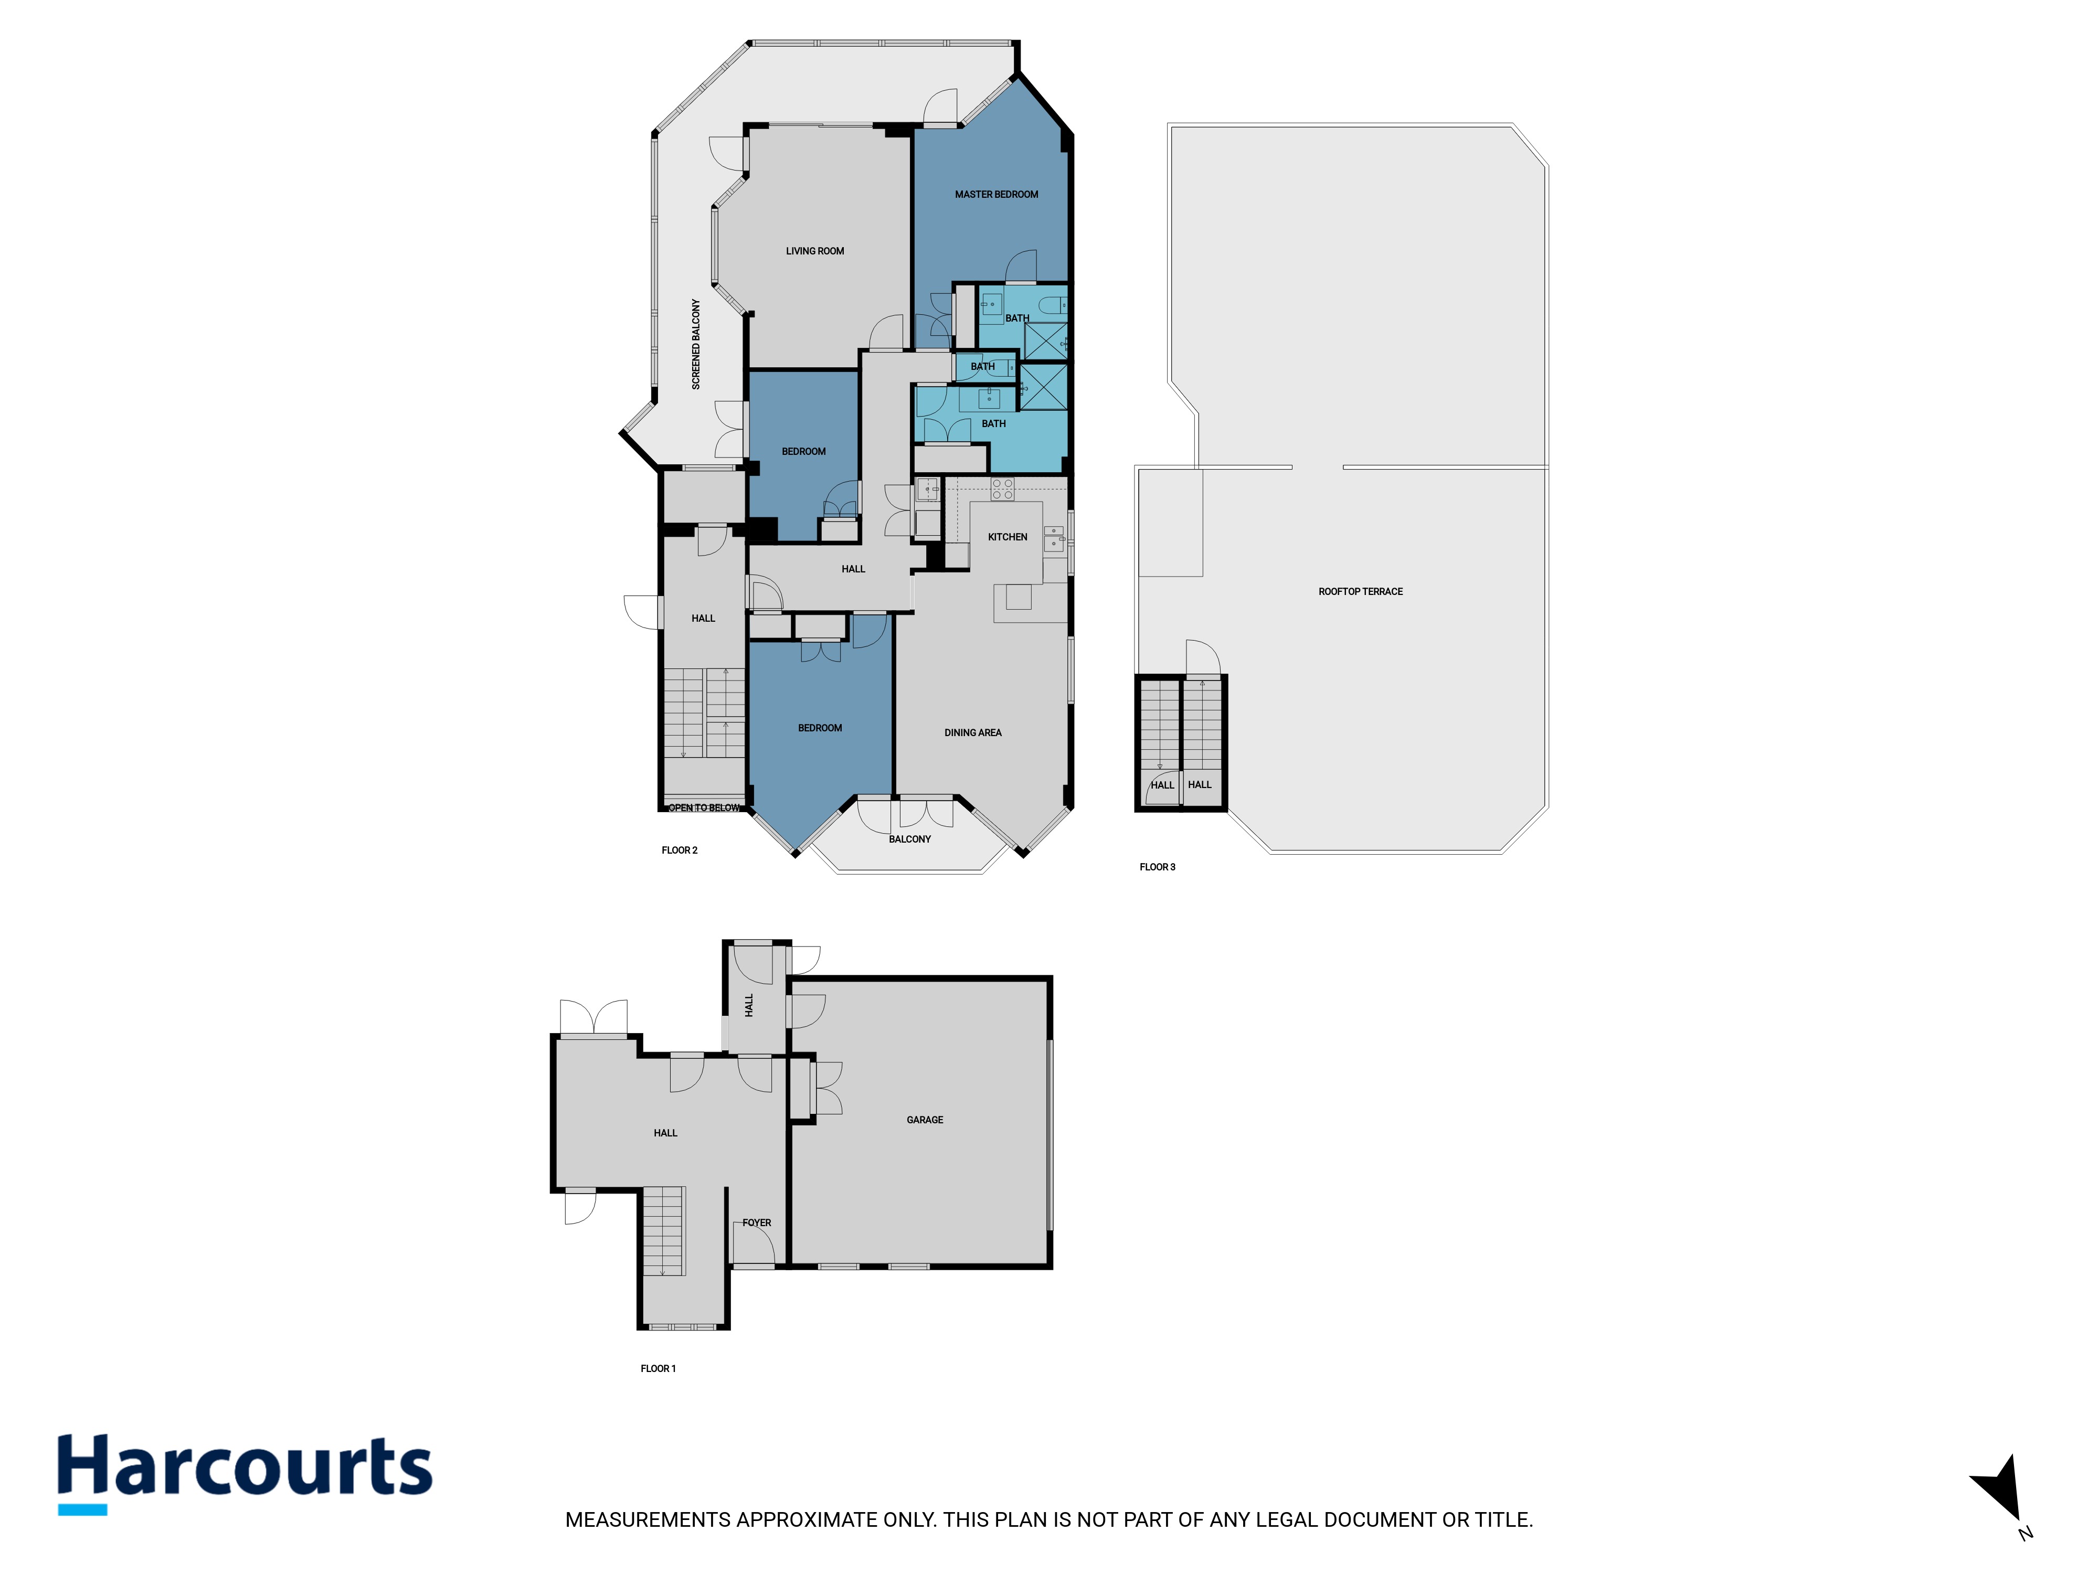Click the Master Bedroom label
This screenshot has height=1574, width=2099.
997,195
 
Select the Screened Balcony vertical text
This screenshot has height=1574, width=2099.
695,344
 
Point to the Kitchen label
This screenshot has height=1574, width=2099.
1008,537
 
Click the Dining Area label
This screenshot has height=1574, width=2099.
973,732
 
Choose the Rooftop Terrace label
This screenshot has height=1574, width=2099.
1361,591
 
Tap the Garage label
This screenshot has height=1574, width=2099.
925,1120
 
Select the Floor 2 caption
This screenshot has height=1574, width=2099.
680,850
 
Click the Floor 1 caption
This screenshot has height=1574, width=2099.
659,1368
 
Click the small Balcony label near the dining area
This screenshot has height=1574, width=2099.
910,839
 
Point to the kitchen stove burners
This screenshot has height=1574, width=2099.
1003,488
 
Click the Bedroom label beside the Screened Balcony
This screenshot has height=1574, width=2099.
804,452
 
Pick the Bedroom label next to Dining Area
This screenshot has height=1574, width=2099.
820,728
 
